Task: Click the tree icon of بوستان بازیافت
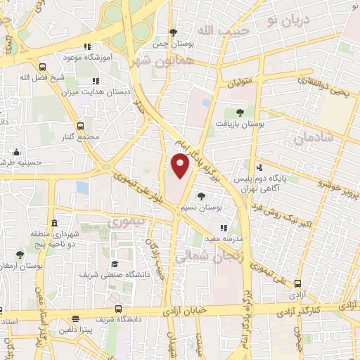point(240,112)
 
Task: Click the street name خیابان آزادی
point(184,309)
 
